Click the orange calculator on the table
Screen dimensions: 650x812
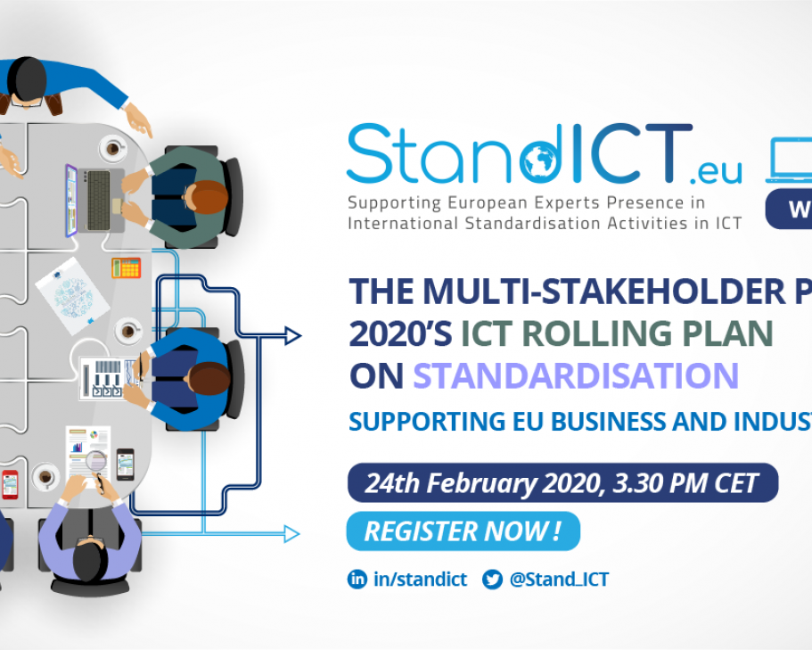pyautogui.click(x=126, y=267)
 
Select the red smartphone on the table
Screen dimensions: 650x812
pyautogui.click(x=9, y=483)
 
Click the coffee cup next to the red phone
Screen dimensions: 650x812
pyautogui.click(x=45, y=477)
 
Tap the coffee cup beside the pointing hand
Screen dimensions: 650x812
pyautogui.click(x=113, y=148)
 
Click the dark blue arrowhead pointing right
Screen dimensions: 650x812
pyautogui.click(x=291, y=336)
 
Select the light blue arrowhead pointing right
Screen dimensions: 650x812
pyautogui.click(x=291, y=534)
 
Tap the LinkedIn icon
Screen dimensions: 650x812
pyautogui.click(x=357, y=580)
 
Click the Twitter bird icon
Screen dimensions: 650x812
pyautogui.click(x=492, y=580)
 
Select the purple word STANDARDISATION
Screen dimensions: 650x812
pyautogui.click(x=576, y=376)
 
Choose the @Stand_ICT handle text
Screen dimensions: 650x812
pyautogui.click(x=559, y=580)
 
